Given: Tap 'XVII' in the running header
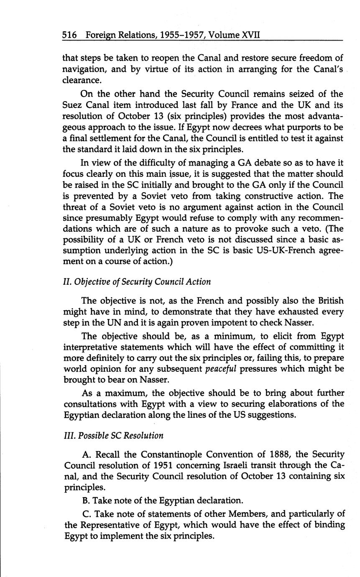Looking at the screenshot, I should [x=251, y=35].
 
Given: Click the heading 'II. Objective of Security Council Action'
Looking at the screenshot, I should [x=137, y=281].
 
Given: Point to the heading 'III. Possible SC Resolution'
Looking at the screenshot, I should [x=113, y=435].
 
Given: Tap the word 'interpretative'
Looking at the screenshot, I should [x=94, y=347].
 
